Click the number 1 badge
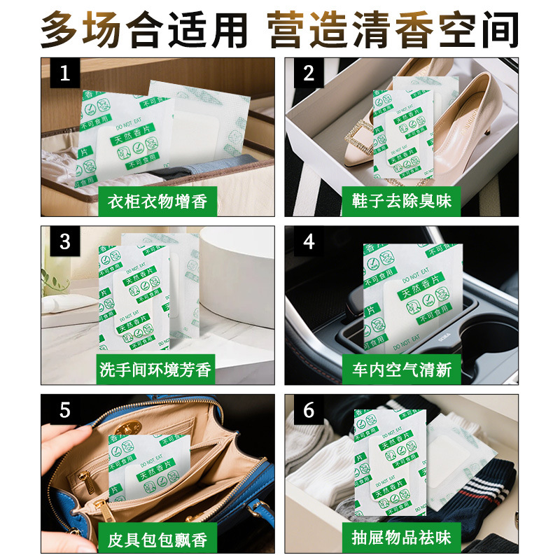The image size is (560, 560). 65,73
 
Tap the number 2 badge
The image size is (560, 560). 309,73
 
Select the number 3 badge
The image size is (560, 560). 65,241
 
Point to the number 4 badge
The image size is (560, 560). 309,241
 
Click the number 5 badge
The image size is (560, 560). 65,409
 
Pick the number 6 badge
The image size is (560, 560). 309,409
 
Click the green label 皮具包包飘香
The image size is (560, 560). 158,538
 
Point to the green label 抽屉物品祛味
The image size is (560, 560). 402,538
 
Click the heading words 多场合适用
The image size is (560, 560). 144,29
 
